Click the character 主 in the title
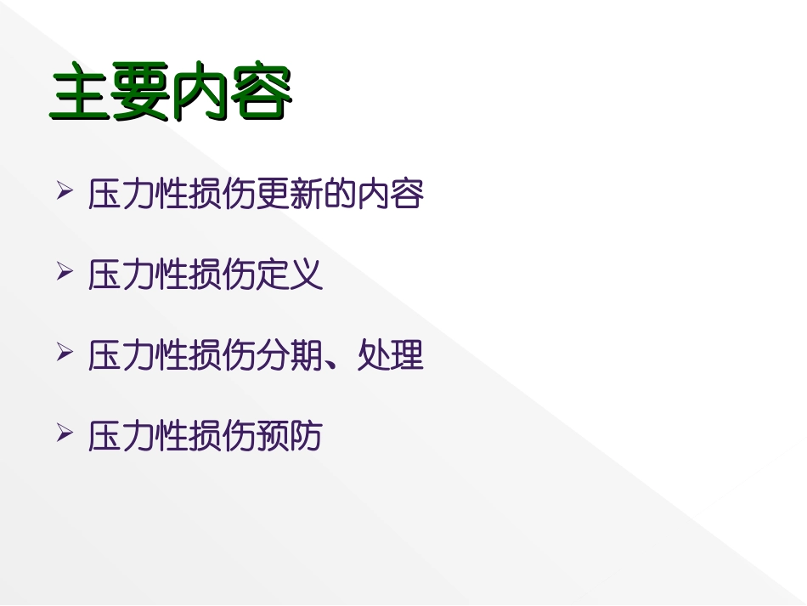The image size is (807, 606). tap(80, 94)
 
